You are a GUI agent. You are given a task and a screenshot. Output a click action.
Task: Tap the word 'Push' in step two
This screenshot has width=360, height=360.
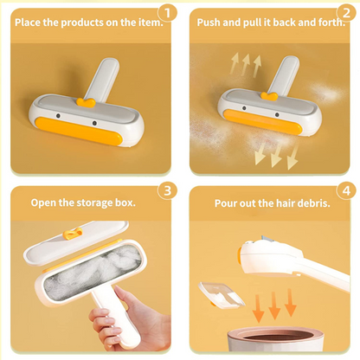coord(212,21)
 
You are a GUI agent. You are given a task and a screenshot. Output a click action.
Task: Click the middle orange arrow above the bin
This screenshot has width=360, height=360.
coord(273,304)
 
